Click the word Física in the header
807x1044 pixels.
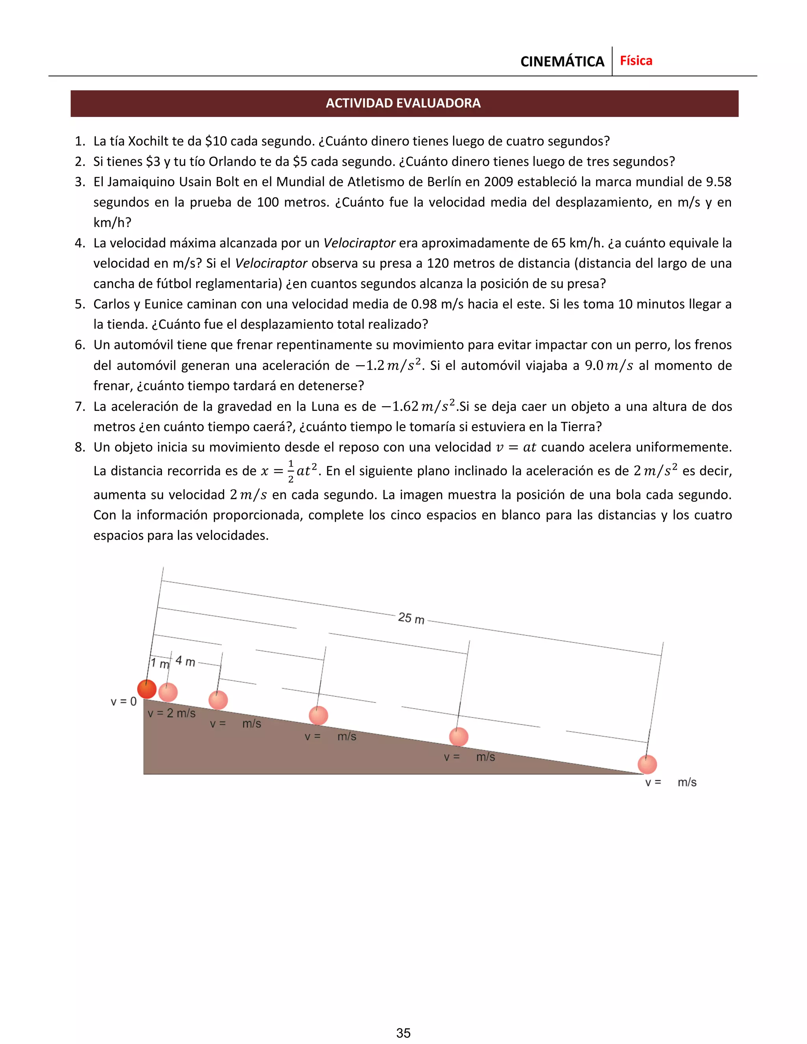(636, 61)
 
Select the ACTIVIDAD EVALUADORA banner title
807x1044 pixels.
(403, 103)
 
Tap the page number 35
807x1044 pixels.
(403, 1033)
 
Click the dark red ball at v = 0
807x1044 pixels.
(147, 689)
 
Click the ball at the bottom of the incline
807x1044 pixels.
(647, 764)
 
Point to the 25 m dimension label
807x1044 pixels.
(411, 618)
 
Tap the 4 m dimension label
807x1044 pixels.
(186, 661)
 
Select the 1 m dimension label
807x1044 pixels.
(160, 663)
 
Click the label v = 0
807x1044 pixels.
(123, 702)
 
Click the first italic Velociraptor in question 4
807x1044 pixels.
(359, 243)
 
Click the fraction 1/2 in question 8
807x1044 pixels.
(291, 471)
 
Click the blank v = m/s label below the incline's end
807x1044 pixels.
(670, 782)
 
